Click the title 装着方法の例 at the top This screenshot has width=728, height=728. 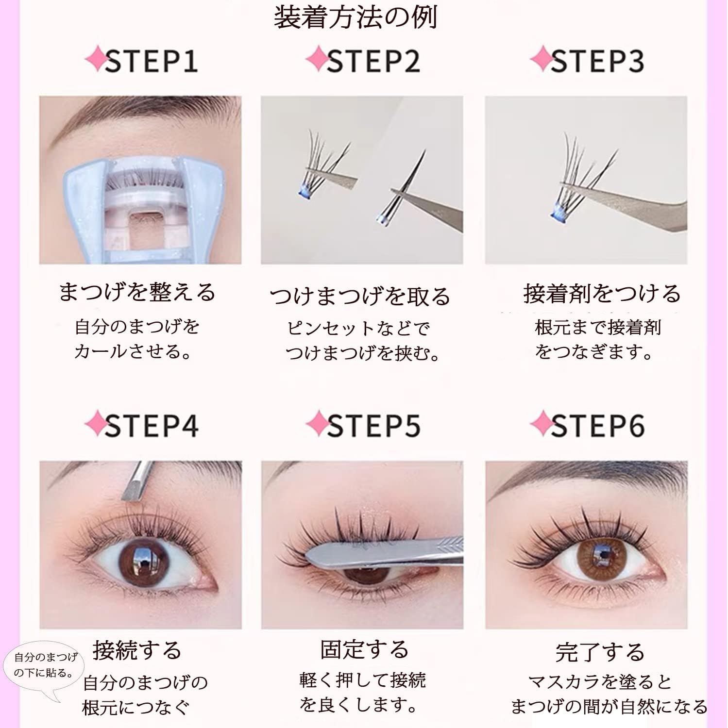coord(356,17)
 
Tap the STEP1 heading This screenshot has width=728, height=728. coord(151,62)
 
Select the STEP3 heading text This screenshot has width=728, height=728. coord(597,62)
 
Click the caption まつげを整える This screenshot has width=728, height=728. coord(137,292)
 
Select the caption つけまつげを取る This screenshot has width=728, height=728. coord(360,296)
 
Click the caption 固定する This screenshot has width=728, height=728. coord(364,649)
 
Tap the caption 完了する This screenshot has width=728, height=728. coord(600,652)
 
